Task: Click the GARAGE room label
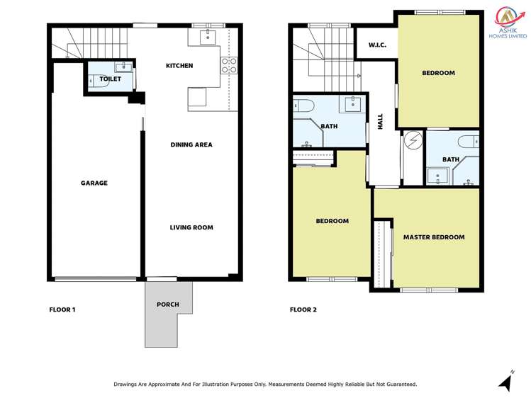tap(94, 183)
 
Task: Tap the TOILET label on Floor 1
tap(110, 79)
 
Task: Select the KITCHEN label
tap(179, 66)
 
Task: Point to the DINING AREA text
tap(191, 144)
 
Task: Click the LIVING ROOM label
tap(191, 227)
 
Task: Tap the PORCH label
tap(168, 305)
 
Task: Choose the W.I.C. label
tap(376, 46)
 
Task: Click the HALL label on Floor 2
tap(381, 121)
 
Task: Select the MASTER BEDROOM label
tap(434, 237)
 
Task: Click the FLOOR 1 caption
tap(62, 309)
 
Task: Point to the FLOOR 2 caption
tap(304, 309)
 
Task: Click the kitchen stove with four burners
tap(229, 66)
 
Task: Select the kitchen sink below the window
tap(208, 37)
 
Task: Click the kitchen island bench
tap(197, 99)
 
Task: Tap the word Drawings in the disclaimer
tap(128, 384)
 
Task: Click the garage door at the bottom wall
tap(95, 278)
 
